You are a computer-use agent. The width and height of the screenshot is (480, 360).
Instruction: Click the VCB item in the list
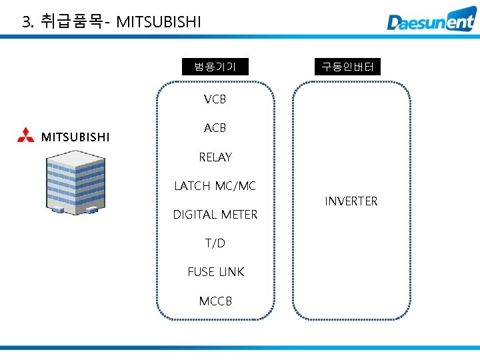pyautogui.click(x=215, y=99)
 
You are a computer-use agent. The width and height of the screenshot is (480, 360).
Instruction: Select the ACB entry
pyautogui.click(x=215, y=128)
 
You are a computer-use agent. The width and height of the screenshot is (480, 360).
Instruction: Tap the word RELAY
pyautogui.click(x=215, y=157)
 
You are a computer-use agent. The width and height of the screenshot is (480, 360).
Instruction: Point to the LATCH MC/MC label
pyautogui.click(x=215, y=186)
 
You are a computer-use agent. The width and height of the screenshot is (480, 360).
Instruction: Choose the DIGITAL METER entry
pyautogui.click(x=215, y=215)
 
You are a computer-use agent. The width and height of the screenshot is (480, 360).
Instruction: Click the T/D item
pyautogui.click(x=215, y=243)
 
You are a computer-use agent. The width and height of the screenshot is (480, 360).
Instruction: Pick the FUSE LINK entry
pyautogui.click(x=216, y=272)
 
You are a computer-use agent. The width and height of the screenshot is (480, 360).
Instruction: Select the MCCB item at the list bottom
pyautogui.click(x=215, y=301)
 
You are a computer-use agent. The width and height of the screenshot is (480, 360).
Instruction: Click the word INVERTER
pyautogui.click(x=351, y=201)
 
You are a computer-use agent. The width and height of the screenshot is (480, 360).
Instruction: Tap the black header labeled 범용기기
pyautogui.click(x=215, y=67)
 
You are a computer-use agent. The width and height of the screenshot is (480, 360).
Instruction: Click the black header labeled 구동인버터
pyautogui.click(x=347, y=67)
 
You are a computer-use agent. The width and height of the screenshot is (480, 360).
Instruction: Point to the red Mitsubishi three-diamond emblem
pyautogui.click(x=26, y=135)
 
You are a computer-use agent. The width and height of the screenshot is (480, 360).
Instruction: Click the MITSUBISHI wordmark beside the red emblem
pyautogui.click(x=75, y=137)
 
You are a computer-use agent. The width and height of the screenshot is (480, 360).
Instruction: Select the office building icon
pyautogui.click(x=75, y=183)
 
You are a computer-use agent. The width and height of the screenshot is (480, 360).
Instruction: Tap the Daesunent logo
pyautogui.click(x=431, y=19)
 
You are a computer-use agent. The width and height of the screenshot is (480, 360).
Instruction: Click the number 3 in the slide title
pyautogui.click(x=27, y=22)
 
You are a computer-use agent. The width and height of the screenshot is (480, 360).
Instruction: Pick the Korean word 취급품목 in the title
pyautogui.click(x=71, y=21)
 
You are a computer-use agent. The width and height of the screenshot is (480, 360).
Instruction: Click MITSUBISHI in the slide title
pyautogui.click(x=159, y=22)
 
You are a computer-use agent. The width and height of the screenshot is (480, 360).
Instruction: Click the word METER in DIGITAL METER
pyautogui.click(x=239, y=215)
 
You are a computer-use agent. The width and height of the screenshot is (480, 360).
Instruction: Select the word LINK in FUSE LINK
pyautogui.click(x=232, y=272)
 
